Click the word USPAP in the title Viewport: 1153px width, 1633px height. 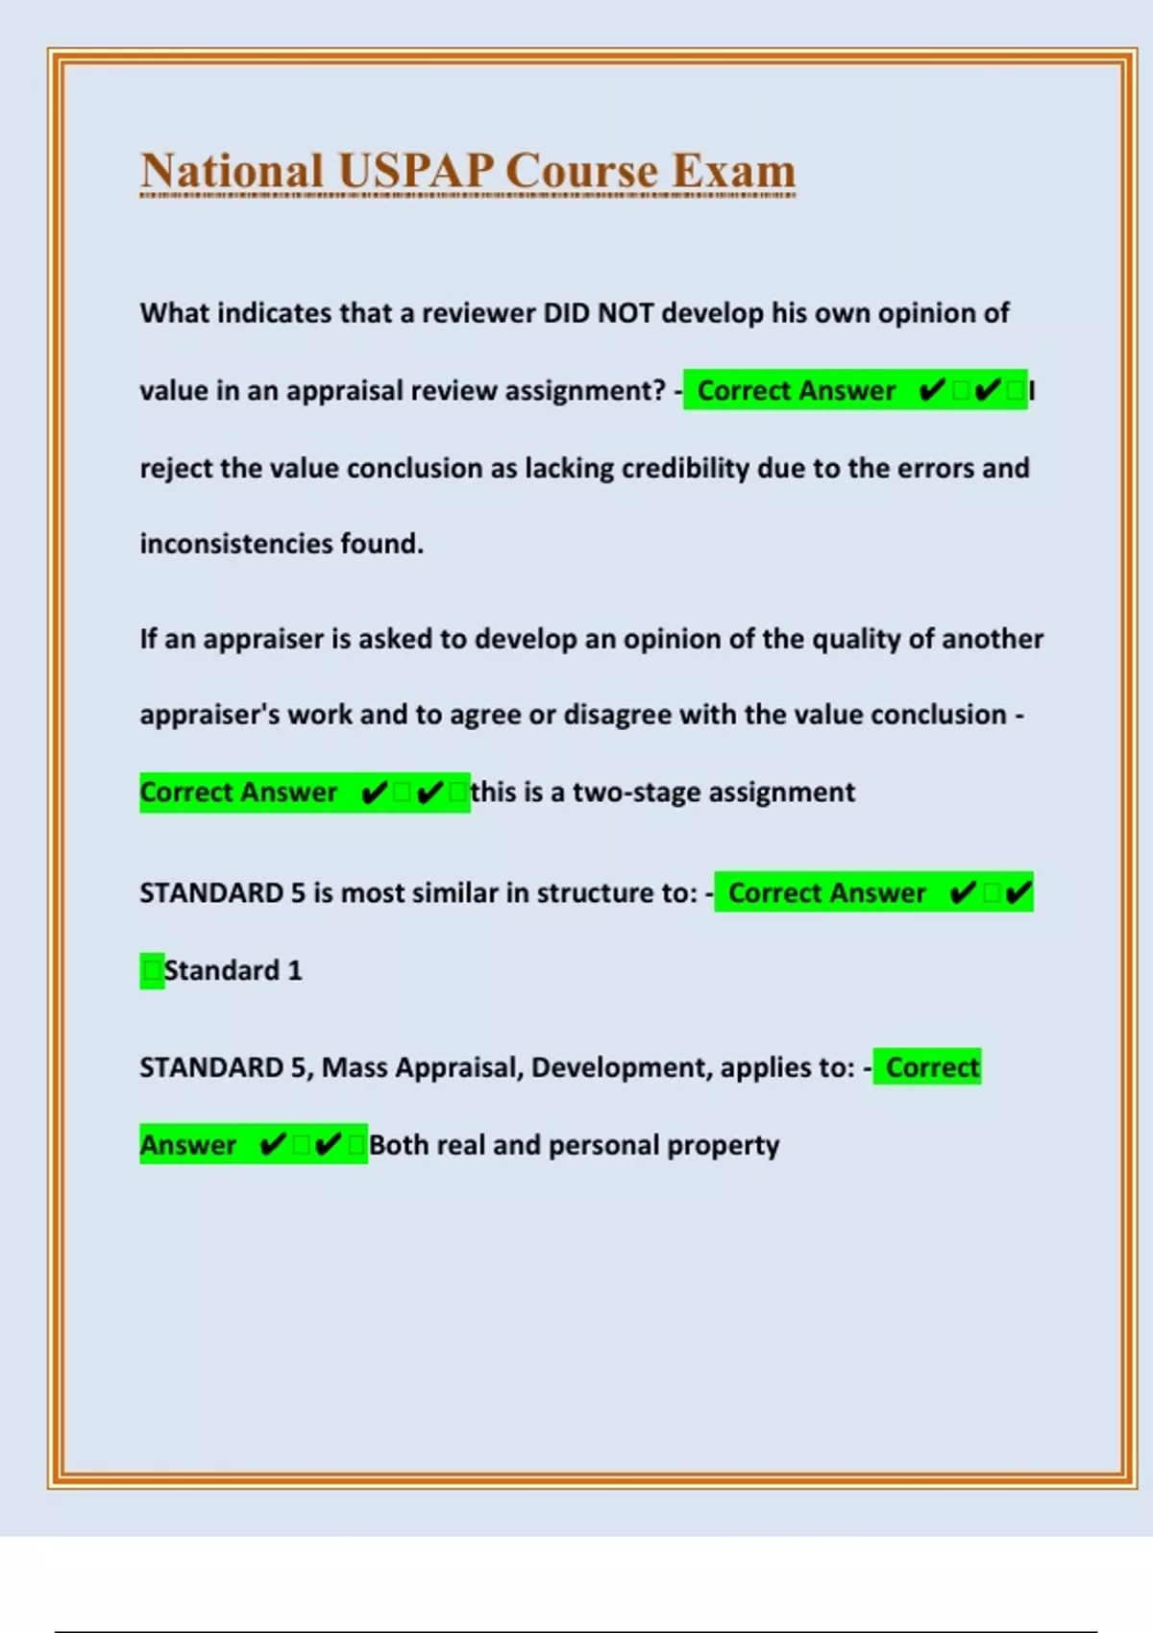[415, 171]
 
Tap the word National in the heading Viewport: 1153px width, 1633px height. [232, 171]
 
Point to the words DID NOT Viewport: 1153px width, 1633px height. [599, 313]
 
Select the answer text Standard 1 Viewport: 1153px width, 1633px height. [233, 970]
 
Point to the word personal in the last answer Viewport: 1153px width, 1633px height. [602, 1145]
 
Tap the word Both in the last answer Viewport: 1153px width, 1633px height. [398, 1145]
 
